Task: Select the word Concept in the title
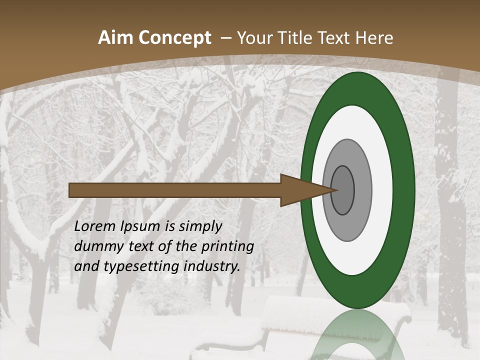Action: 175,38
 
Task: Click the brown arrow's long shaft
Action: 175,190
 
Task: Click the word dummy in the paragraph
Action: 95,246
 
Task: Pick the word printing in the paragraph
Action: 227,247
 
